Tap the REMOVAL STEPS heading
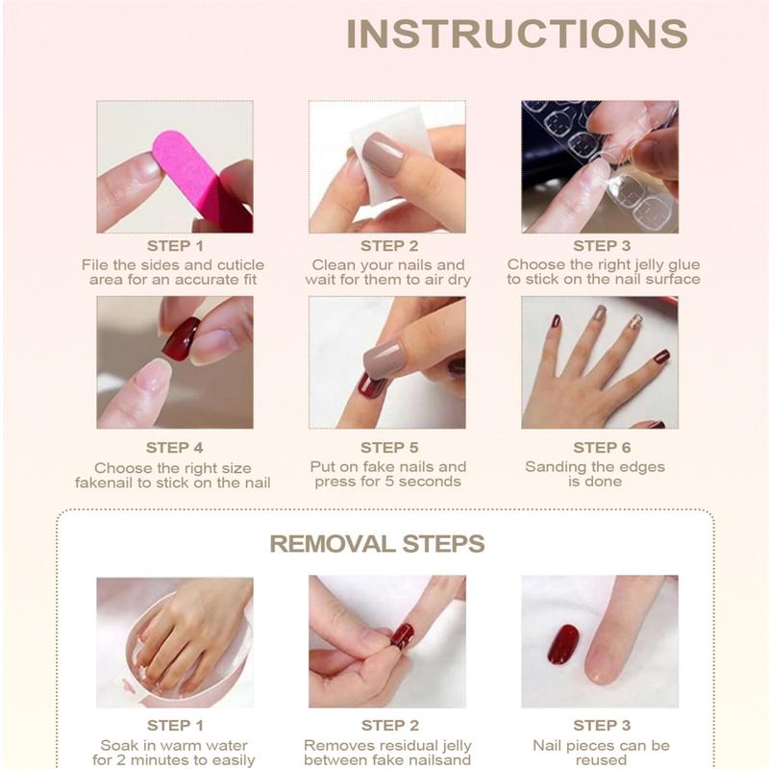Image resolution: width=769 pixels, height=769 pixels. (377, 544)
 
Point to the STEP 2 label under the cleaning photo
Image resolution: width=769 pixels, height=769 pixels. (389, 246)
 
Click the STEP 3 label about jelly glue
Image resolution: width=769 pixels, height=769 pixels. (602, 246)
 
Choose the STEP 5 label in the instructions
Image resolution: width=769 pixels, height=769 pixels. (389, 447)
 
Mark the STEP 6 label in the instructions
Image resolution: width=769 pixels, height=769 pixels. (602, 447)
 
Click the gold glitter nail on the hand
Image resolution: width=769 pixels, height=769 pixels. (635, 322)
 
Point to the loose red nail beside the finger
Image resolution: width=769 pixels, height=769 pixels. (562, 643)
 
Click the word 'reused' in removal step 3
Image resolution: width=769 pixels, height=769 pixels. (601, 761)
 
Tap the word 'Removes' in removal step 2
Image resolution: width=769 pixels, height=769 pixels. (335, 746)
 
